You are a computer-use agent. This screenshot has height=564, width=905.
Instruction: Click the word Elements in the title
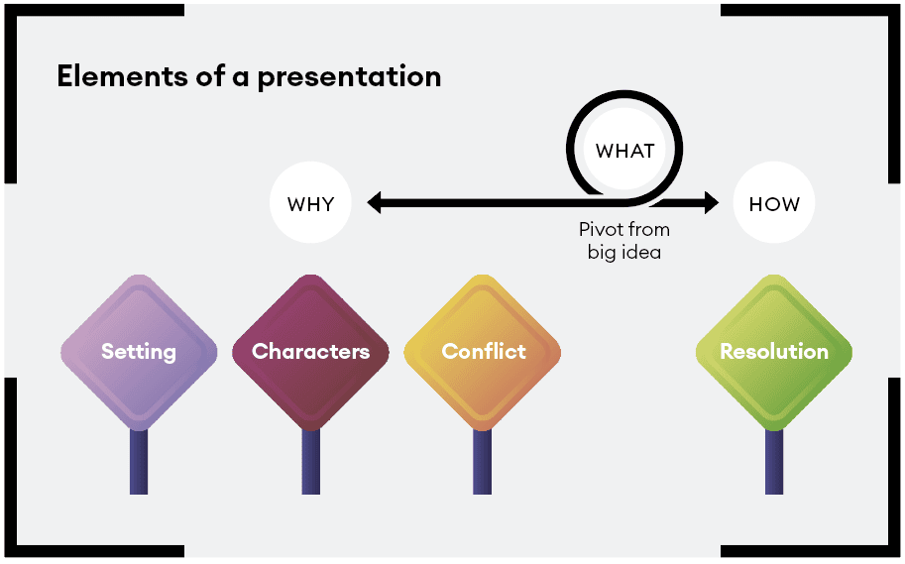(122, 76)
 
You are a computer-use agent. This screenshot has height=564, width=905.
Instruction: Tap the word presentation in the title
(349, 78)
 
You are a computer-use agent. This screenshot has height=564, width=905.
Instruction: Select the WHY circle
(310, 202)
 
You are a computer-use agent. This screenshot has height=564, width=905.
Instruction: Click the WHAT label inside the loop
(625, 151)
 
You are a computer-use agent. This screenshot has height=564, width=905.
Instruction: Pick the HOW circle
(774, 202)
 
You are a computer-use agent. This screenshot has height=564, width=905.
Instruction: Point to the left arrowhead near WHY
(374, 202)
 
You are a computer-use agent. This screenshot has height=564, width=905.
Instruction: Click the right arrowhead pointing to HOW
(712, 202)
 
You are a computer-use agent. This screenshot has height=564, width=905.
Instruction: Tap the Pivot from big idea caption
(624, 241)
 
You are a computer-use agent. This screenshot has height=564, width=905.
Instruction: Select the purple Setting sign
(139, 352)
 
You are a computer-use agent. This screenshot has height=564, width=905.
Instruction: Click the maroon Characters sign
(310, 352)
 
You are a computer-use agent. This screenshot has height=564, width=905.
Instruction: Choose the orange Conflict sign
(483, 352)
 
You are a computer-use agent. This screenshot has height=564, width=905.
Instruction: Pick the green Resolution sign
(774, 352)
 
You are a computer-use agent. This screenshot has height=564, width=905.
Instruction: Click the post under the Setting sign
(139, 462)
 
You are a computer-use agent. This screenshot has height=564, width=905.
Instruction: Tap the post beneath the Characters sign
(310, 462)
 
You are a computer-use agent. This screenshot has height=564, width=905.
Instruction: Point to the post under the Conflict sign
(482, 462)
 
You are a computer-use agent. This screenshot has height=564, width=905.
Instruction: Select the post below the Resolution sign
(774, 462)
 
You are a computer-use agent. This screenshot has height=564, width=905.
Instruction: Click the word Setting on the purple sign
(139, 352)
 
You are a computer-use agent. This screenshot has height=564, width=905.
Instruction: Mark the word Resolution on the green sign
(774, 351)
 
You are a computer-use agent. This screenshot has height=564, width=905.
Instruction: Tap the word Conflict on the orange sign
(484, 351)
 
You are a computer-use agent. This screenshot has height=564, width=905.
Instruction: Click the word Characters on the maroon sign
(310, 351)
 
